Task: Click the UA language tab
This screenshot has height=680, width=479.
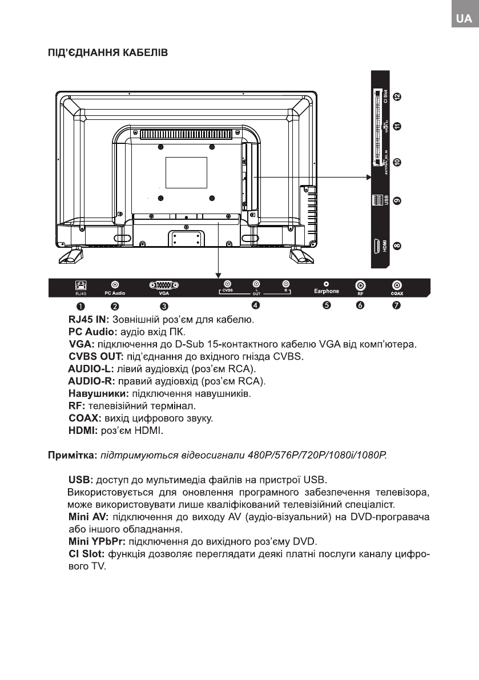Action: [463, 19]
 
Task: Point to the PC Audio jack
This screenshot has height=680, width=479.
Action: [115, 284]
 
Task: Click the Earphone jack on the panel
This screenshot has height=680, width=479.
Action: [326, 283]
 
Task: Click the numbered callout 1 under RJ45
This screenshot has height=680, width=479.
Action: [82, 305]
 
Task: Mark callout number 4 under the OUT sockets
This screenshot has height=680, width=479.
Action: [256, 305]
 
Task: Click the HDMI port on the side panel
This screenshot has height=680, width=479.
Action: [376, 247]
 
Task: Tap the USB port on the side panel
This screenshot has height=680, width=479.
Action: [376, 201]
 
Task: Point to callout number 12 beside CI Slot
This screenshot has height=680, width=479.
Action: [397, 97]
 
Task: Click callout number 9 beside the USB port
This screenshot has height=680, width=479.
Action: [397, 201]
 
